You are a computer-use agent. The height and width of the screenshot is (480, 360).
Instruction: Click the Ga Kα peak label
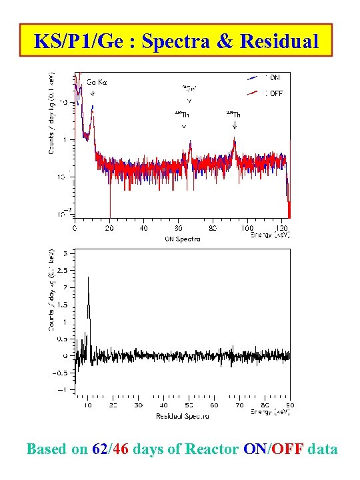97,83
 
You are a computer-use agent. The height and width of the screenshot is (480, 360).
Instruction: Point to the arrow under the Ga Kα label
93,93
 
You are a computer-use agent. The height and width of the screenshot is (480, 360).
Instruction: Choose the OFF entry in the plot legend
276,93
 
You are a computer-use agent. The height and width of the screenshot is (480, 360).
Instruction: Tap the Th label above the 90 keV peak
234,115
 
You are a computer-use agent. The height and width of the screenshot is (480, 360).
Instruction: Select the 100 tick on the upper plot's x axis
247,229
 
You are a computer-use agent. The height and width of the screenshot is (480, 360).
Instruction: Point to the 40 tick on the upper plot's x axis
144,229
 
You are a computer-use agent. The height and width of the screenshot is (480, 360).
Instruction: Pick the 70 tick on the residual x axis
239,405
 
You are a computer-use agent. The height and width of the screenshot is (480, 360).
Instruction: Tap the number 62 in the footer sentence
98,449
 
